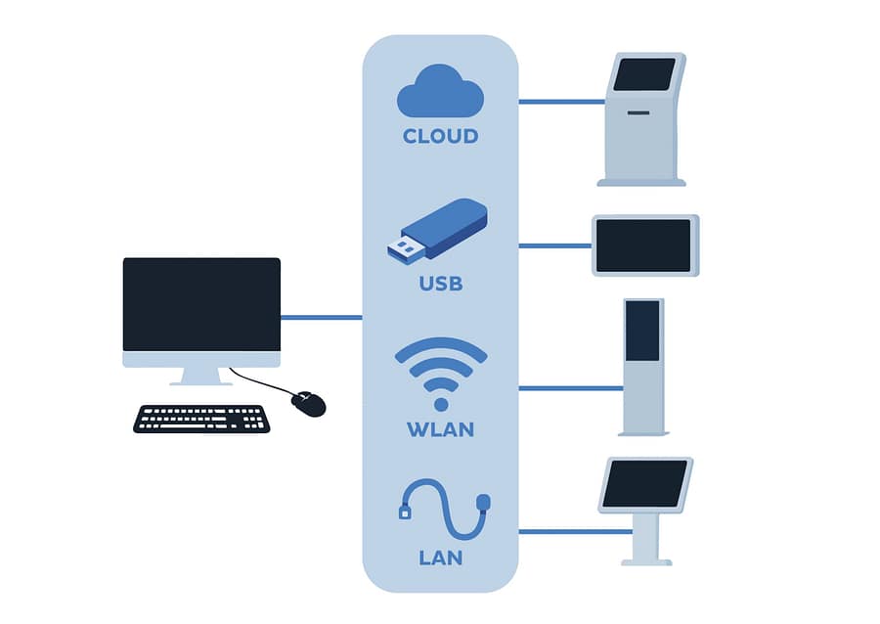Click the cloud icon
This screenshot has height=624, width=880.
coord(440,92)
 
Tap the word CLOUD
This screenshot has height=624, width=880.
coord(440,136)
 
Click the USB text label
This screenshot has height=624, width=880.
coord(440,285)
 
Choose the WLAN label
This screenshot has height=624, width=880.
coord(440,429)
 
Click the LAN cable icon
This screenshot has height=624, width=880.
coord(443,508)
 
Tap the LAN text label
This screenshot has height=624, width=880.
coord(440,558)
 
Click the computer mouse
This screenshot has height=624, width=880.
coord(309,403)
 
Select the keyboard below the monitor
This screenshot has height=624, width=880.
coord(201,419)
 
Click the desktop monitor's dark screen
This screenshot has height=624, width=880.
coord(201,304)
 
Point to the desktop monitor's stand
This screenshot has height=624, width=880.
coord(201,376)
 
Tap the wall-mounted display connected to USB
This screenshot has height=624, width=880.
coord(644,245)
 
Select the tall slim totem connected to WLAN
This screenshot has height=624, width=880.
coord(642,367)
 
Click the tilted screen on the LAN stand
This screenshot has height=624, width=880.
coord(644,483)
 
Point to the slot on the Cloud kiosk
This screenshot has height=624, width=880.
coord(638,112)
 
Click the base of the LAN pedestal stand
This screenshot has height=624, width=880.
coord(646,561)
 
